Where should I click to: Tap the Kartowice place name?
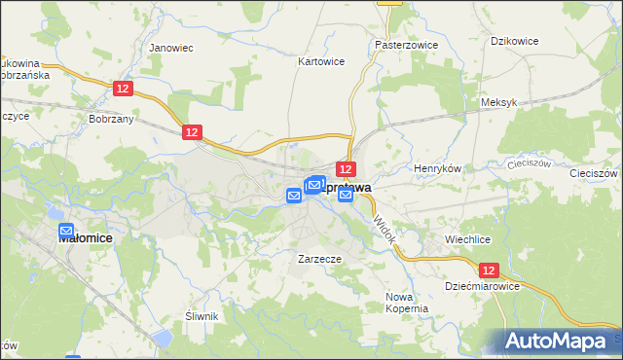pos(320,60)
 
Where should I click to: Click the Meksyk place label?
pos(497,102)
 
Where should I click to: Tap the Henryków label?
pos(436,168)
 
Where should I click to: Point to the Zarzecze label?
pos(318,260)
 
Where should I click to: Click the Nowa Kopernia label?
pos(407,302)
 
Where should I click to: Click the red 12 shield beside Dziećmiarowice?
pos(490,270)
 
